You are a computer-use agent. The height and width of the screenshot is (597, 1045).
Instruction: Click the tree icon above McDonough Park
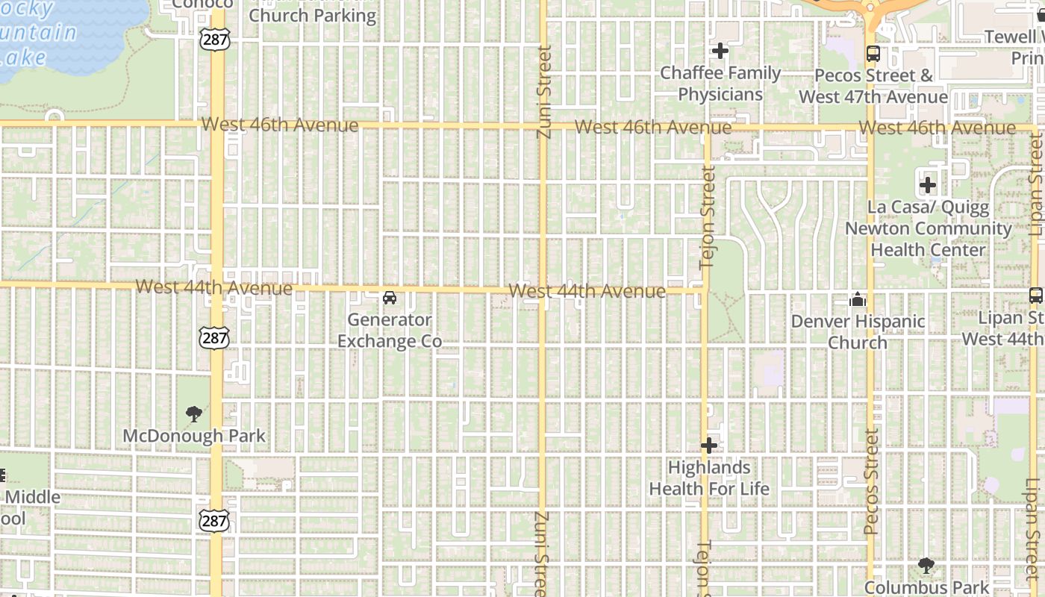click(194, 414)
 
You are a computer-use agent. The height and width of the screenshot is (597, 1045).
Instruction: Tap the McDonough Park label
click(194, 436)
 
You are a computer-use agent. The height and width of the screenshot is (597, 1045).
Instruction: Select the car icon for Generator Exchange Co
click(389, 298)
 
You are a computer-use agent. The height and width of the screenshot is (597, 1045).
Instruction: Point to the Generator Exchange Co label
click(390, 331)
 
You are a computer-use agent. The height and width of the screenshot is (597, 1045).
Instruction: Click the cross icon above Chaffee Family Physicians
click(720, 51)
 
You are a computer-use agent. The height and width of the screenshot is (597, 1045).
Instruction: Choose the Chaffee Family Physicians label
click(720, 84)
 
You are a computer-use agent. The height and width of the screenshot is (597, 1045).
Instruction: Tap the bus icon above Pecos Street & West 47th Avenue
click(873, 54)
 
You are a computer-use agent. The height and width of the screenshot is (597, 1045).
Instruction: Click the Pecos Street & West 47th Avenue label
click(873, 86)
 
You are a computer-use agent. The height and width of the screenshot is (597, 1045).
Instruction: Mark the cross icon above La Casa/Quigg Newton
click(928, 185)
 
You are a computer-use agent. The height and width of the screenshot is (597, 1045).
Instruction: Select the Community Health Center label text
click(928, 239)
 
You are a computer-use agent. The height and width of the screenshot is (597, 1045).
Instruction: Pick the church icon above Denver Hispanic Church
click(858, 300)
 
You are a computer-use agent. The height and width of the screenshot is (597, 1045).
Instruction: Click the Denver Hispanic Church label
click(858, 332)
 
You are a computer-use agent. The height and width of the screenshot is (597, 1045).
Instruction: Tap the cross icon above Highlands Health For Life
click(708, 446)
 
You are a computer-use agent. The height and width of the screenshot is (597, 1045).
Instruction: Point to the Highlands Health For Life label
click(708, 478)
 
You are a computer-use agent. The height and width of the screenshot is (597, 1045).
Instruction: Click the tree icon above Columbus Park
click(926, 566)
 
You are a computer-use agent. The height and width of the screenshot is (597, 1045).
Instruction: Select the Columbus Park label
click(926, 588)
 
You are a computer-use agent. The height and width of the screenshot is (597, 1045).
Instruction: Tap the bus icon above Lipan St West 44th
click(1036, 296)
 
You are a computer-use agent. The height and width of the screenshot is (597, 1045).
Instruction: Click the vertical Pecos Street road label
click(871, 482)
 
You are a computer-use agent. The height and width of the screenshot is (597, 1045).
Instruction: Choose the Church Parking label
click(312, 16)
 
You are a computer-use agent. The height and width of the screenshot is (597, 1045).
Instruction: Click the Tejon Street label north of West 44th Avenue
click(708, 216)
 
